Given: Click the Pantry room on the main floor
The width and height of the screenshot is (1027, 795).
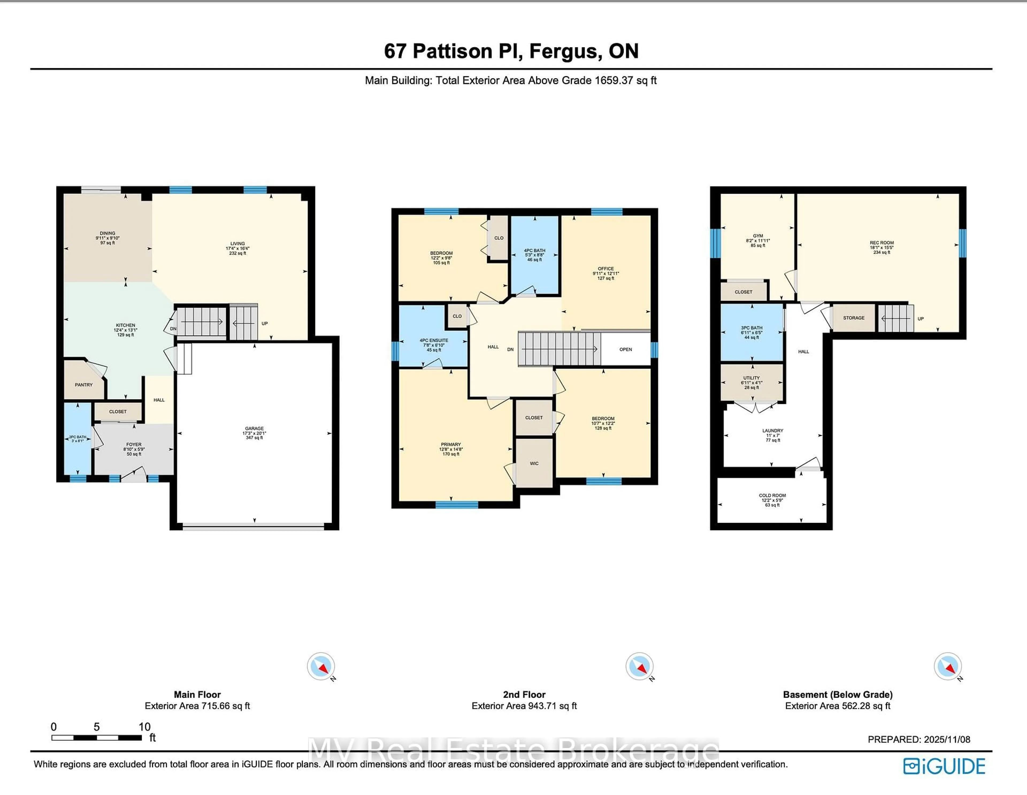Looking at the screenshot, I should click(x=84, y=384).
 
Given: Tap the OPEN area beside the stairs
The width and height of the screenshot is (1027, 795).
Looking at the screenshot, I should click(x=625, y=350).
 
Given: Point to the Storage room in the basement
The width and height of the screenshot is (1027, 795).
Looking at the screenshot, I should click(x=853, y=318).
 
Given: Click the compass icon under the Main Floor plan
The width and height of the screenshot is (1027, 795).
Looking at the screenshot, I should click(x=321, y=666).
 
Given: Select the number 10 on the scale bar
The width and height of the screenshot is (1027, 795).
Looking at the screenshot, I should click(x=144, y=727).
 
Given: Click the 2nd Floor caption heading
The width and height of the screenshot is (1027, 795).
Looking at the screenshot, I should click(x=524, y=694).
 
